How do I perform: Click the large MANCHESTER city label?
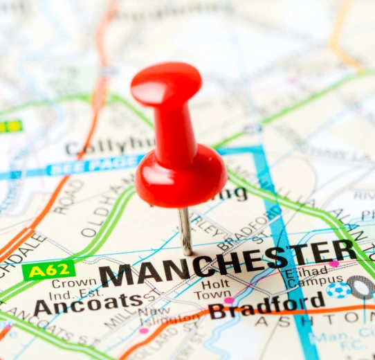228,262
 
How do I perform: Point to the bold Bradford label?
266,305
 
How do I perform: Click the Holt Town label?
216,289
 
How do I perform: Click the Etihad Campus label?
305,278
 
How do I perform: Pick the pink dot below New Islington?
144,331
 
